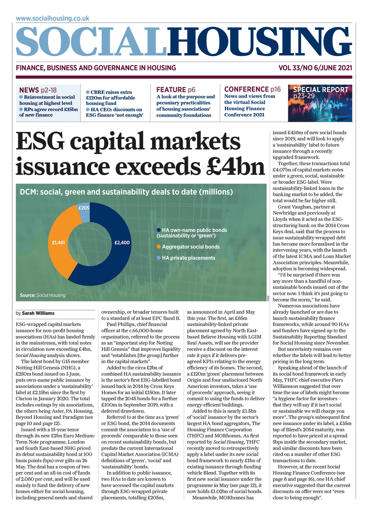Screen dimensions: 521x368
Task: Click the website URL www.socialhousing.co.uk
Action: pyautogui.click(x=52, y=18)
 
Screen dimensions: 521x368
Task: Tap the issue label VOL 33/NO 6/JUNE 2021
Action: pyautogui.click(x=315, y=68)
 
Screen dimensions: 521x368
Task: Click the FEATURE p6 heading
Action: pyautogui.click(x=176, y=90)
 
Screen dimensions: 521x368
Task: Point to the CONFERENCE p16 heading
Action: pyautogui.click(x=252, y=89)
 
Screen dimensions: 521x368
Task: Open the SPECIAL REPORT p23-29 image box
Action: pyautogui.click(x=320, y=103)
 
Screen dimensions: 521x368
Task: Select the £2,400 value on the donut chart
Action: pyautogui.click(x=122, y=243)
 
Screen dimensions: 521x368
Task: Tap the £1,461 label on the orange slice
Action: pyautogui.click(x=58, y=243)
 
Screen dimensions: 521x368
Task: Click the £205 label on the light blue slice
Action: pyautogui.click(x=84, y=208)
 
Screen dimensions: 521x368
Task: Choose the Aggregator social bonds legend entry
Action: pyautogui.click(x=191, y=247)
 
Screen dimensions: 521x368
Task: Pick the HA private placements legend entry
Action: pyautogui.click(x=188, y=258)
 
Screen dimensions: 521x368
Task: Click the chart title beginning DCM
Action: pyautogui.click(x=126, y=192)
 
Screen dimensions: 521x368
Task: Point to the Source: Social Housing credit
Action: pyautogui.click(x=43, y=295)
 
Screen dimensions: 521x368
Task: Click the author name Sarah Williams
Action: pyautogui.click(x=38, y=313)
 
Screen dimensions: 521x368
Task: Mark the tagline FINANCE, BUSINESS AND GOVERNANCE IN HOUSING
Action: pyautogui.click(x=96, y=68)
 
